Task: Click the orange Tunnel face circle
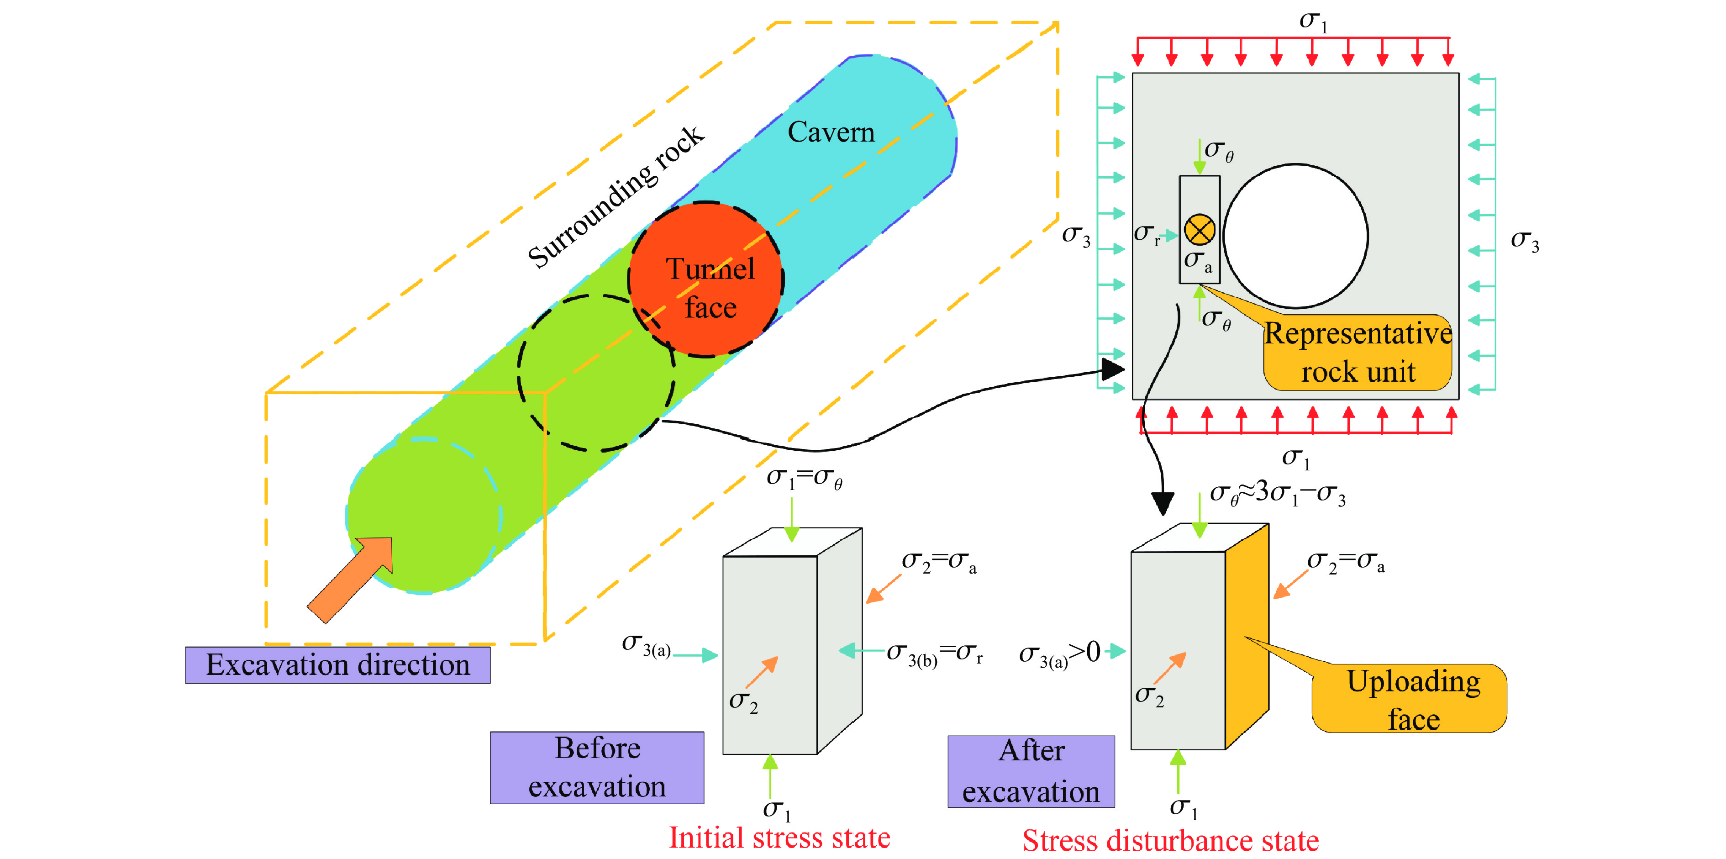point(705,279)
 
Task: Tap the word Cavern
point(831,132)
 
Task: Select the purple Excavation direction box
point(338,665)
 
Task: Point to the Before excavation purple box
point(597,767)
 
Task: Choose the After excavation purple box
point(1031,771)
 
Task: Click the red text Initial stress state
point(779,838)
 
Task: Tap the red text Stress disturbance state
point(1171,840)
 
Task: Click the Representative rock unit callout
point(1358,353)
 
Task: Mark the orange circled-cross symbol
point(1200,230)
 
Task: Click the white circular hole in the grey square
point(1296,236)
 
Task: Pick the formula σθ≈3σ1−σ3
point(1277,494)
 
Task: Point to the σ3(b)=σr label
point(934,653)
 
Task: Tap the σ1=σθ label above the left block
point(804,478)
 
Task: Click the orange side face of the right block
point(1247,637)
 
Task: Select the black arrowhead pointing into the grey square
point(1113,369)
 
